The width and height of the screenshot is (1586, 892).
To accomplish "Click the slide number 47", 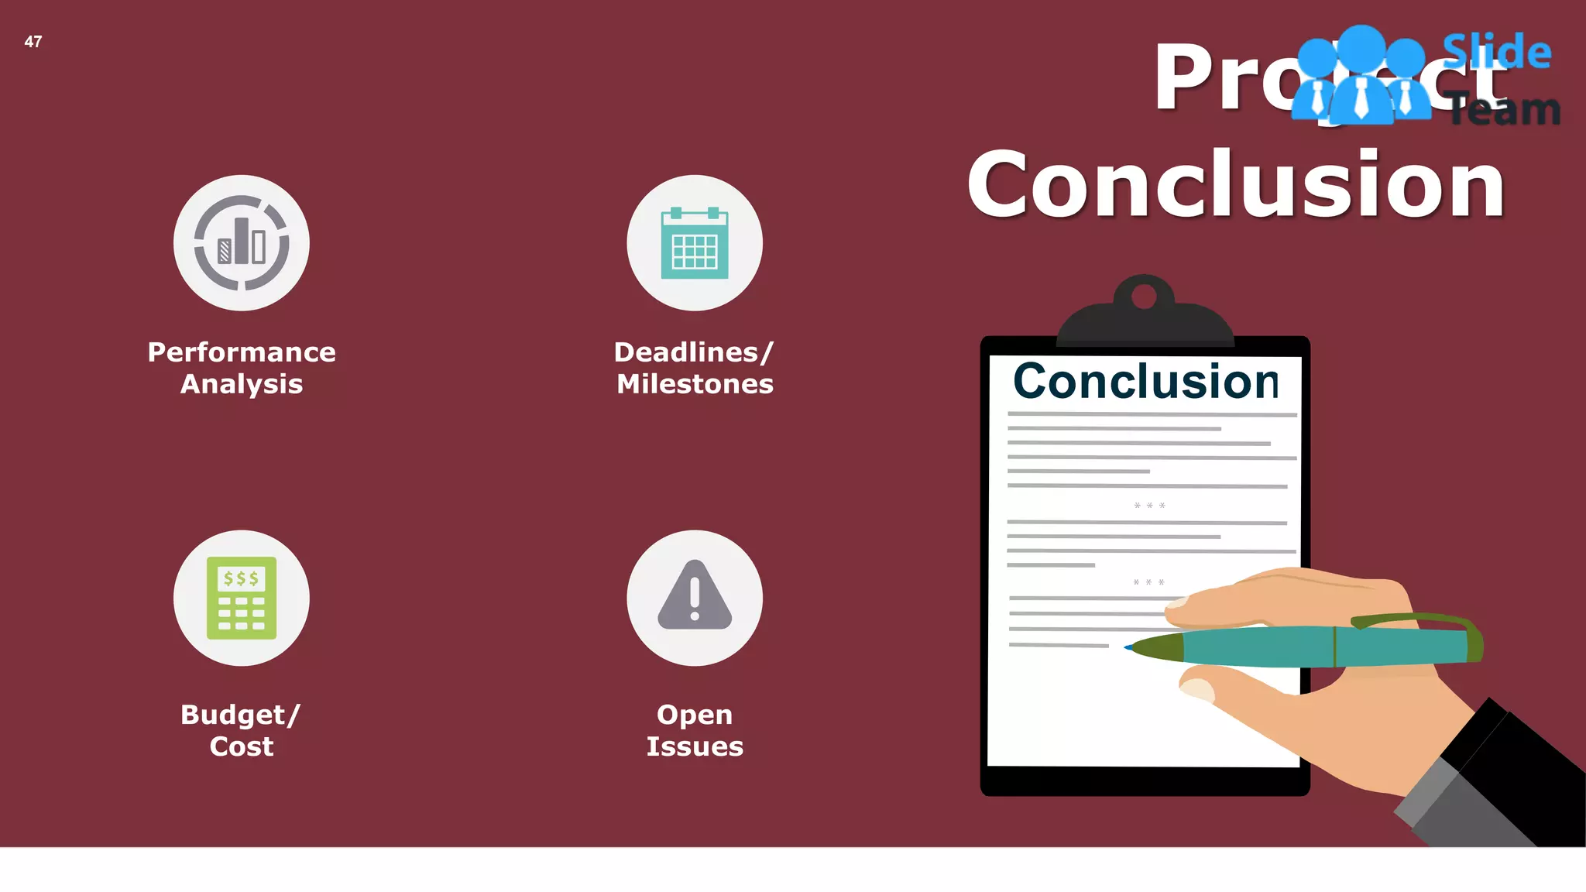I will click(x=33, y=42).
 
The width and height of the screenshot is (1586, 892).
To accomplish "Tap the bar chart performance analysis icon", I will click(x=242, y=243).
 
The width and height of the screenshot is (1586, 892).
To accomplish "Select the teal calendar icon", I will click(x=695, y=243).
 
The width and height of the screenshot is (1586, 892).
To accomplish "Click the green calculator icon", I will click(x=242, y=598).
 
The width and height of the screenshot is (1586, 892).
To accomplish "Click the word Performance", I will click(x=242, y=352).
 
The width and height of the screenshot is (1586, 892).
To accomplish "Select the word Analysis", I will click(x=242, y=384).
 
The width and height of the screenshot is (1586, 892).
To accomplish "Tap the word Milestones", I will click(x=695, y=384).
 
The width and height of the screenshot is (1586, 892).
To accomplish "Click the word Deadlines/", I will click(x=694, y=352).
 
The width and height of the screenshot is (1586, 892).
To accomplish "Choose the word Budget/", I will click(x=240, y=715).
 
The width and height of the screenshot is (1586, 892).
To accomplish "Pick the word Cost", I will click(x=242, y=746).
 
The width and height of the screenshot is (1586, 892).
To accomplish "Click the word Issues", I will click(x=695, y=746).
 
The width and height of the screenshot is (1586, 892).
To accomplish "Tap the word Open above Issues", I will click(x=695, y=715).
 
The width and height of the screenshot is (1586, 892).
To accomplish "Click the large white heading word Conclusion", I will click(x=1236, y=184).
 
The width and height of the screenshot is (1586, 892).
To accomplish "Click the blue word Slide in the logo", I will click(x=1496, y=52).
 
